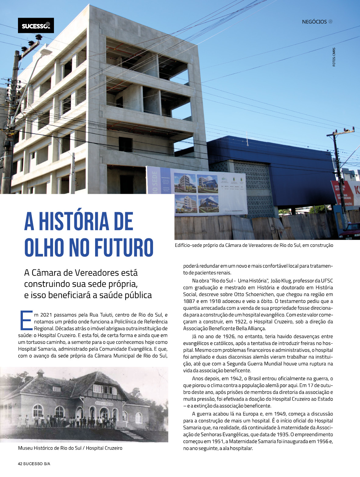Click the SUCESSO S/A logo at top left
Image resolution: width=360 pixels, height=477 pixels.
tap(36, 26)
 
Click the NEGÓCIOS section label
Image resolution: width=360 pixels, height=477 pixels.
tap(314, 22)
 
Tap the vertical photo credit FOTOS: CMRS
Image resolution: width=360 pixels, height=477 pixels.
tap(334, 57)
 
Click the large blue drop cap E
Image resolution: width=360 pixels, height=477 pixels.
tap(26, 320)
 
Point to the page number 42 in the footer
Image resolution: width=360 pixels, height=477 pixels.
tap(20, 464)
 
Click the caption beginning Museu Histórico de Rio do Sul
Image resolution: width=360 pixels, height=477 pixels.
tap(70, 448)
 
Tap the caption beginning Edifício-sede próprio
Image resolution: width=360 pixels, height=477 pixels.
tap(254, 245)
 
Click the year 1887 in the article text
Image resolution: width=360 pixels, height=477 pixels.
tap(189, 301)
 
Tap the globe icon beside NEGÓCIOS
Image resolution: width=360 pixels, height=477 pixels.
tap(330, 22)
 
